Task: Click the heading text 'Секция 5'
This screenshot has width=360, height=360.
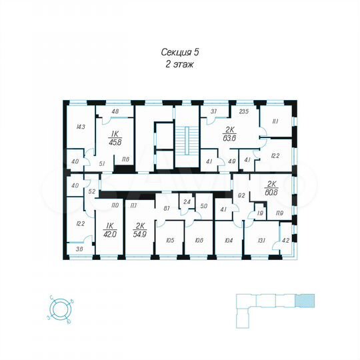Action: pos(179,52)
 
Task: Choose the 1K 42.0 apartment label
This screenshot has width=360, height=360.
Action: pos(109,230)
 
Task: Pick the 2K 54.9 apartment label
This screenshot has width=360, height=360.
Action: pos(141,230)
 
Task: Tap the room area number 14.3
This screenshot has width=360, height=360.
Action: pos(80,127)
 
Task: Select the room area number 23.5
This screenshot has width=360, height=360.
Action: pos(243,112)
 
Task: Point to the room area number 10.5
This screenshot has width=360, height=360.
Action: pos(170,240)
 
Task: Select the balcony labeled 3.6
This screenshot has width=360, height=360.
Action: pos(79,249)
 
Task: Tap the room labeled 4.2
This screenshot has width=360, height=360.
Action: pos(286,241)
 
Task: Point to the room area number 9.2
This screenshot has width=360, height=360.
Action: pos(242,196)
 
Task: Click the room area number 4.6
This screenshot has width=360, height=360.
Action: pos(115,111)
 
